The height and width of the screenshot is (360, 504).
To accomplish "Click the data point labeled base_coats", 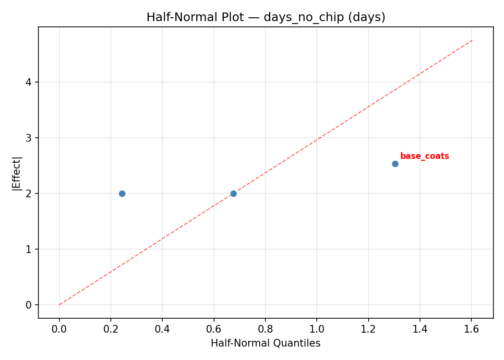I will tap(395, 164).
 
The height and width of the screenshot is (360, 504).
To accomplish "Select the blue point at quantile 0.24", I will tap(122, 193).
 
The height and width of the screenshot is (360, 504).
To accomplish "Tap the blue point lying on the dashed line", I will tap(233, 193).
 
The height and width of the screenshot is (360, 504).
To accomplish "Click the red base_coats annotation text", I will tap(424, 156).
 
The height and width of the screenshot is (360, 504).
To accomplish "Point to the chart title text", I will tap(266, 17).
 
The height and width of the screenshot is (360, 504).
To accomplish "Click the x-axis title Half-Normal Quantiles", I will tap(265, 343).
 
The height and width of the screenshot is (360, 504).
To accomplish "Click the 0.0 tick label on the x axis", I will tap(60, 329).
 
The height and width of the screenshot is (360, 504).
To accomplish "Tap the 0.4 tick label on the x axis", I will tap(162, 329).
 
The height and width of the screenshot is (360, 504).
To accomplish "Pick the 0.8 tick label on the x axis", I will tap(265, 329).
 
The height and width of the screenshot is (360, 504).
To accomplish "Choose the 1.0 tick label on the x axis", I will tap(317, 329).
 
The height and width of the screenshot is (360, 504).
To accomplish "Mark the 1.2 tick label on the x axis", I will tap(368, 329).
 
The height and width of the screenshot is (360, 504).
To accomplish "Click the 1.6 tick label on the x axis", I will tap(471, 329).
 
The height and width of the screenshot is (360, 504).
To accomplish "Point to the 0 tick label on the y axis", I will tap(29, 305).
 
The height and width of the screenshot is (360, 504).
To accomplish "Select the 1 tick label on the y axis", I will tap(29, 249).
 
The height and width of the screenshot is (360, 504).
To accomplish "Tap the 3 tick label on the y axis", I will tap(29, 138).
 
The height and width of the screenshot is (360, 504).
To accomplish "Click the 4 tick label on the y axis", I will tap(29, 82).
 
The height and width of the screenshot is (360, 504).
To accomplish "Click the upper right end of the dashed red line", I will tap(472, 40).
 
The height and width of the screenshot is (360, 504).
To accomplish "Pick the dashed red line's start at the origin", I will tap(60, 304).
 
